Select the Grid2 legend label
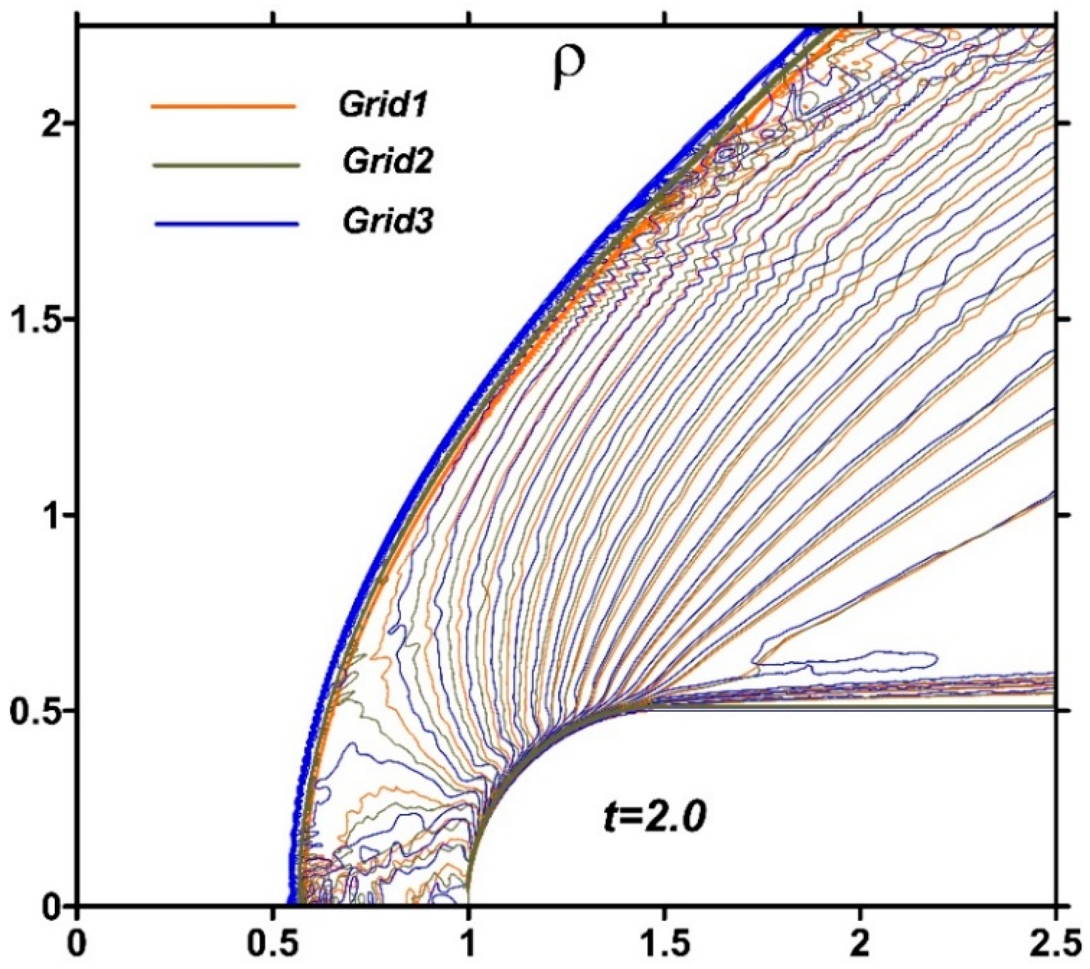pyautogui.click(x=387, y=163)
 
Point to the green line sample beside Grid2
pyautogui.click(x=226, y=165)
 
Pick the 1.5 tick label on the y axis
pyautogui.click(x=36, y=318)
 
